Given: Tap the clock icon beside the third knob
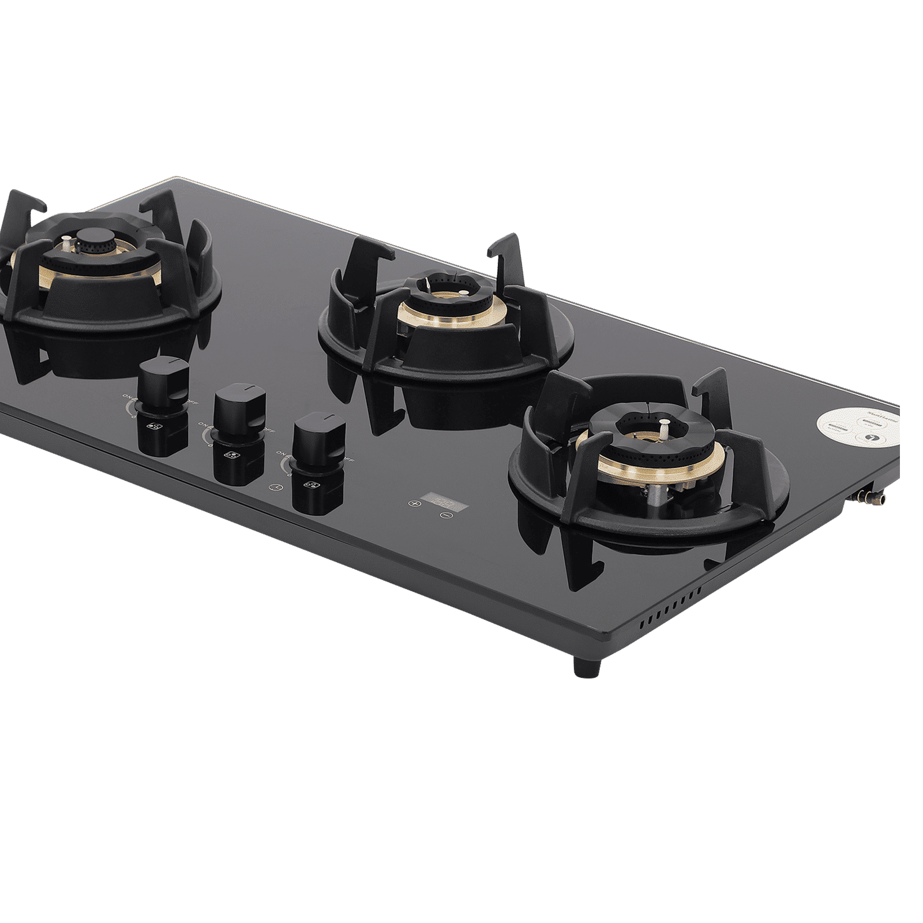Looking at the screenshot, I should pos(279,487).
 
